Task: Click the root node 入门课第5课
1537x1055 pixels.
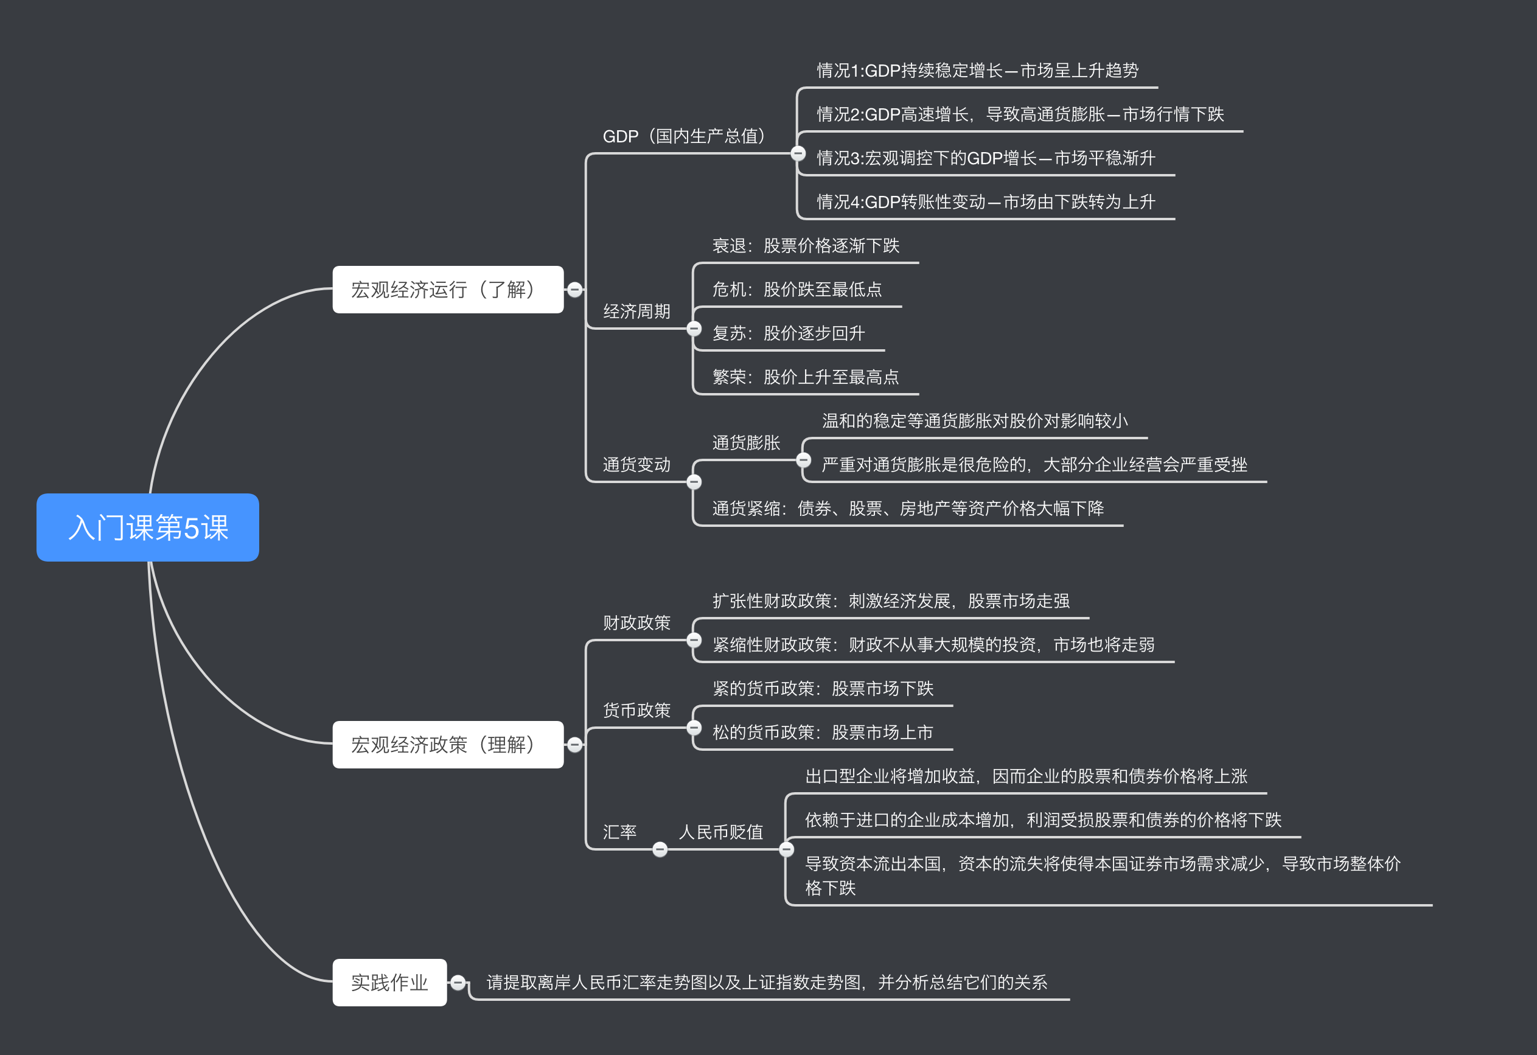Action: tap(147, 527)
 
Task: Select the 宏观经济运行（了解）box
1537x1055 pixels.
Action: tap(448, 290)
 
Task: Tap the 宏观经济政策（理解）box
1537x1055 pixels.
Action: tap(448, 745)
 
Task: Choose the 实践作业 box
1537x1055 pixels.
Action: tap(389, 982)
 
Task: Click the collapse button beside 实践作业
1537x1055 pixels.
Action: tap(458, 982)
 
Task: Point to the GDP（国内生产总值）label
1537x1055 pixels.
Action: tap(684, 136)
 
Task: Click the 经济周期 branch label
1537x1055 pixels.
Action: tap(636, 312)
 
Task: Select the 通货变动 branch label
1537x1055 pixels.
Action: tap(636, 464)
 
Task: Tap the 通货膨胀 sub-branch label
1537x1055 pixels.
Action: tap(746, 442)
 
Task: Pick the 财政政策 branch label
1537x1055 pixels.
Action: tap(636, 622)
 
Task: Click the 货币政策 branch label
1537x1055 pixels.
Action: tap(636, 711)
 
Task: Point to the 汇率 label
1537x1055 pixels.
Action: tap(619, 832)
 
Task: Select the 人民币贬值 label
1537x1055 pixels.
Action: tap(721, 832)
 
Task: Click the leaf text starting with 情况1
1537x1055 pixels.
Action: tap(977, 71)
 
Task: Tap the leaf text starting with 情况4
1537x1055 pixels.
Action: tap(986, 202)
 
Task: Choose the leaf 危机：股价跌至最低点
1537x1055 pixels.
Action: tap(797, 290)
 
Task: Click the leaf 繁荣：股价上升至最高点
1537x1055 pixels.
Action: tap(806, 377)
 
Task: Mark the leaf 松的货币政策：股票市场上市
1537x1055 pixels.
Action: tap(823, 732)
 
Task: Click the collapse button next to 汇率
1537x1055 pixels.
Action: tap(660, 849)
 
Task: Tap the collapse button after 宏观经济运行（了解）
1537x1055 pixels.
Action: tap(575, 290)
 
